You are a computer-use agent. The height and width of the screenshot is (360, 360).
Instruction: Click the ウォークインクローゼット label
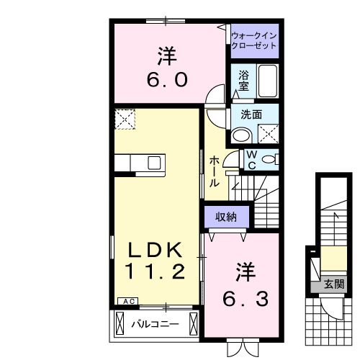click(254, 40)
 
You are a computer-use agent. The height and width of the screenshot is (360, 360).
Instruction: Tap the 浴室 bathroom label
click(243, 78)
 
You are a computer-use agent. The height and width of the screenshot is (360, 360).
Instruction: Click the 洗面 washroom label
click(251, 114)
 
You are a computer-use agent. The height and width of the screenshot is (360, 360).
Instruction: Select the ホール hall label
click(214, 172)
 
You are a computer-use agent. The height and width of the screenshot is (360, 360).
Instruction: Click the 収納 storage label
click(226, 216)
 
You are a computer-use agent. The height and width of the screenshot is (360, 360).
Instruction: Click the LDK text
click(158, 248)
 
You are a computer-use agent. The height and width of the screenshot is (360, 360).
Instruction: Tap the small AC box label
click(127, 302)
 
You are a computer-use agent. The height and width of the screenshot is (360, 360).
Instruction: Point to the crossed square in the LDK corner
click(125, 118)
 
